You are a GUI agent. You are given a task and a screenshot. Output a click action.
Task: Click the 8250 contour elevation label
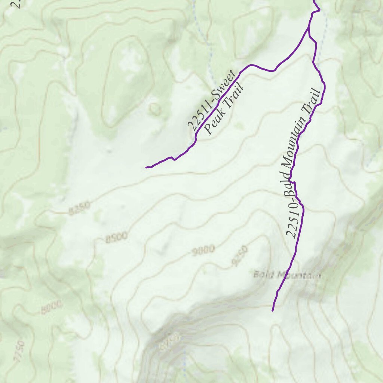[79, 209]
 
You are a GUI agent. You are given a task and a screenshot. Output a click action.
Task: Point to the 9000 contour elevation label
[203, 251]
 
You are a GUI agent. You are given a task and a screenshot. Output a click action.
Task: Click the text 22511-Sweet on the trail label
[211, 100]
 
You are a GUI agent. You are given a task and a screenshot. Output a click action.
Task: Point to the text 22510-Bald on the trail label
[292, 215]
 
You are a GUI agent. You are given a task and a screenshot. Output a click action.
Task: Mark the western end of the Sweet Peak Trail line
[146, 167]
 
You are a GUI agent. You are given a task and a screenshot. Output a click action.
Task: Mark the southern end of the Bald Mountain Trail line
[272, 310]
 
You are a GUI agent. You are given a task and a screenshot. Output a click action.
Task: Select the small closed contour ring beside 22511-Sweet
[154, 109]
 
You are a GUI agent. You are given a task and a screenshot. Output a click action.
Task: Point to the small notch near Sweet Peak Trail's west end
[173, 158]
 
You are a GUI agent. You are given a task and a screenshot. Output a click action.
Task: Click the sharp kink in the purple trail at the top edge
[319, 10]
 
